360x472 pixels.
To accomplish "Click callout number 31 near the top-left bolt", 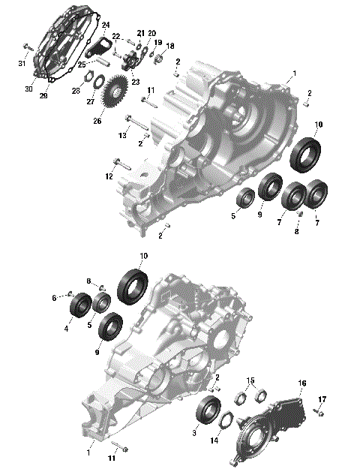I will pyautogui.click(x=22, y=62).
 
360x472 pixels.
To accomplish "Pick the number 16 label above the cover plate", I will pyautogui.click(x=302, y=383).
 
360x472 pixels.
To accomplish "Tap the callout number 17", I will pyautogui.click(x=322, y=398).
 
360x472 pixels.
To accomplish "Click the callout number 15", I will pyautogui.click(x=251, y=380).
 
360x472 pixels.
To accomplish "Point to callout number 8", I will pyautogui.click(x=296, y=232).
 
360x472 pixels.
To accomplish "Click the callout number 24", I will pyautogui.click(x=106, y=25).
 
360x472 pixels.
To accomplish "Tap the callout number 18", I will pyautogui.click(x=169, y=46).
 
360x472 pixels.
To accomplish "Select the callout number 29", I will pyautogui.click(x=43, y=96).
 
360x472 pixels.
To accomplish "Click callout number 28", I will pyautogui.click(x=76, y=90).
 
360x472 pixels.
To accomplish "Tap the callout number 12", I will pyautogui.click(x=109, y=176).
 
